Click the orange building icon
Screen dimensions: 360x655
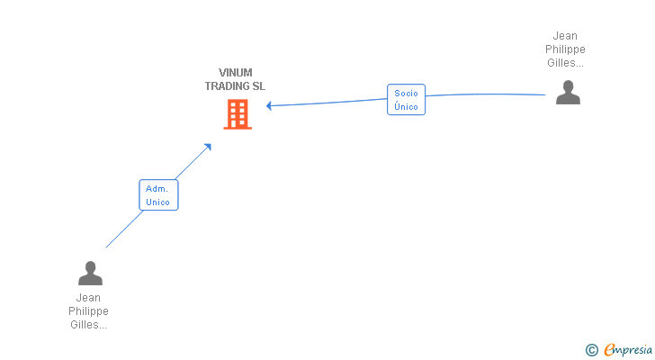pyautogui.click(x=238, y=114)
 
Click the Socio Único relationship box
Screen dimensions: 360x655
pyautogui.click(x=406, y=100)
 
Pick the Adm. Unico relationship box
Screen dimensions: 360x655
pyautogui.click(x=158, y=195)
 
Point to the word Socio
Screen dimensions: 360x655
pyautogui.click(x=406, y=94)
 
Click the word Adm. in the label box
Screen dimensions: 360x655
pyautogui.click(x=158, y=189)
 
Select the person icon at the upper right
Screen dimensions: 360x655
pyautogui.click(x=568, y=93)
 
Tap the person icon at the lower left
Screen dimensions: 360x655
pyautogui.click(x=90, y=273)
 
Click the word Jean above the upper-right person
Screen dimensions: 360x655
pyautogui.click(x=566, y=36)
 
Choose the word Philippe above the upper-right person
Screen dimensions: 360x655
pyautogui.click(x=566, y=49)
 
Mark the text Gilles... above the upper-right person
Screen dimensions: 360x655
pyautogui.click(x=566, y=63)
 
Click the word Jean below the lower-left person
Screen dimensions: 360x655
pyautogui.click(x=88, y=298)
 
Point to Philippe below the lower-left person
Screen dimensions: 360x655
pyautogui.click(x=88, y=311)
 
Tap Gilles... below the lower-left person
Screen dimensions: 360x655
pyautogui.click(x=88, y=325)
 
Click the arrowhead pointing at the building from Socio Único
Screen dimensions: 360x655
pyautogui.click(x=269, y=105)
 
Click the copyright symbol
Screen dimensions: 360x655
pyautogui.click(x=591, y=350)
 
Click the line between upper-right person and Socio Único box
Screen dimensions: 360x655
pyautogui.click(x=486, y=94)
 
